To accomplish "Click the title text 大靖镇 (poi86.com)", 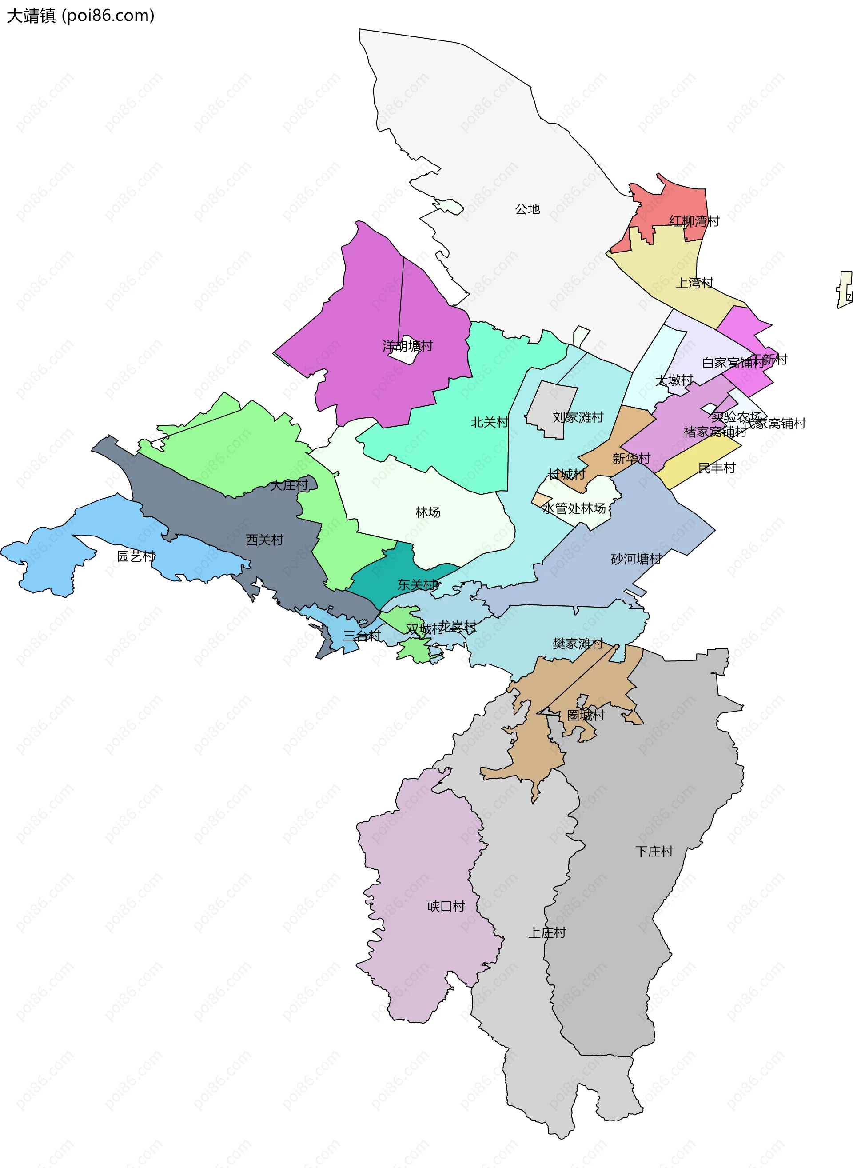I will pos(80,16).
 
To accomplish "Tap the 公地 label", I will pos(527,209).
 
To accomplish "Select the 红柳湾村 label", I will pos(694,221).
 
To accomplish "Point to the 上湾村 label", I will pos(694,283).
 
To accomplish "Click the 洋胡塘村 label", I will pos(407,346).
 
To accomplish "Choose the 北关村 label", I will pos(490,422).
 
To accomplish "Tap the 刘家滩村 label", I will pos(578,417).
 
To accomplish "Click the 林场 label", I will pos(427,512).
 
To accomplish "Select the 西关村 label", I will pos(264,540).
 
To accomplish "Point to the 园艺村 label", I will pos(136,556).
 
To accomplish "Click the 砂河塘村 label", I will pos(636,559).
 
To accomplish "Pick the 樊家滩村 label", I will pos(578,644).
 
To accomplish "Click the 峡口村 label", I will pos(446,906).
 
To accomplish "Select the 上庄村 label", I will pos(547,932).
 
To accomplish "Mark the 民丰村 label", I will pos(717,468).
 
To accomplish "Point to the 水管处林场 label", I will pos(574,508).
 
